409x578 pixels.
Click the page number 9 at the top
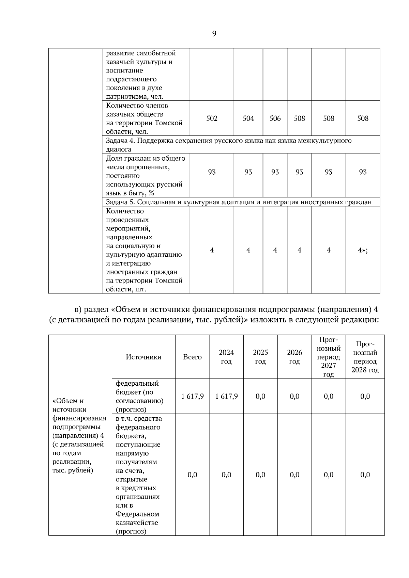[x=214, y=33]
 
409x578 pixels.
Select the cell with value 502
[x=212, y=118]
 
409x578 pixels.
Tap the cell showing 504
[x=248, y=118]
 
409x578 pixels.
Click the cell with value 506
[x=275, y=118]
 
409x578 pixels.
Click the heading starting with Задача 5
[x=239, y=202]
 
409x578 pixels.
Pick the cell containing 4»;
[x=363, y=250]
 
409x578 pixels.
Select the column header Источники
[x=143, y=357]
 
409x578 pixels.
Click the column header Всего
[x=192, y=357]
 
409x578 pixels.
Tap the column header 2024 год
[x=226, y=357]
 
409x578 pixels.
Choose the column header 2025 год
[x=260, y=357]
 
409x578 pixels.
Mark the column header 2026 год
[x=294, y=357]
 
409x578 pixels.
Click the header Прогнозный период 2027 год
[x=329, y=357]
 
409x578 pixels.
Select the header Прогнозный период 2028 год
[x=365, y=357]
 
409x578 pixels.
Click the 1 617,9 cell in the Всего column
[x=192, y=396]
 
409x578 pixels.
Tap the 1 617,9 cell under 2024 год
[x=226, y=396]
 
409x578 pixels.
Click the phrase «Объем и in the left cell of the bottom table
[x=68, y=401]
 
